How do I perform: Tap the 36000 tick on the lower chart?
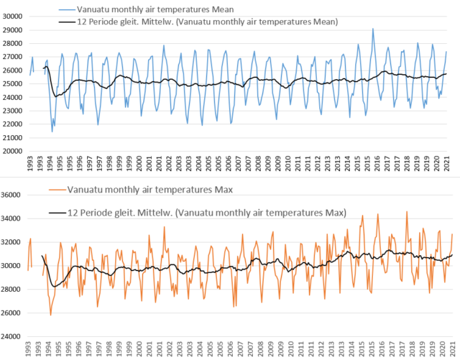[x=12, y=195]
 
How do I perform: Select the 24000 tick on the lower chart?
[x=12, y=336]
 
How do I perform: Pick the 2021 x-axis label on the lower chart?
[x=448, y=350]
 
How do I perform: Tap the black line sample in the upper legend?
[x=68, y=22]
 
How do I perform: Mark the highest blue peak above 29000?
[x=373, y=29]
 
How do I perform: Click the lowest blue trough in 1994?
[x=52, y=131]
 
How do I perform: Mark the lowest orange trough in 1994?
[x=50, y=315]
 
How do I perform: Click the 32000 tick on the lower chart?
[x=12, y=241]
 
